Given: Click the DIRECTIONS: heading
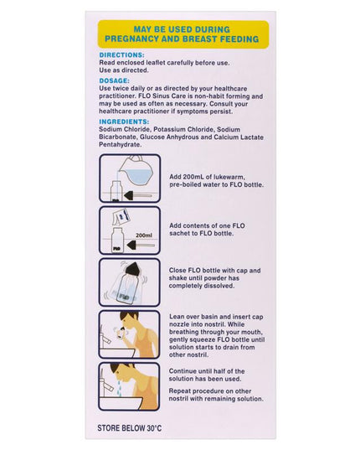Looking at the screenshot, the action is (122, 54).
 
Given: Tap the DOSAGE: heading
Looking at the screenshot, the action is (115, 80).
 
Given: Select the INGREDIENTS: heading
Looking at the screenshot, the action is (124, 122).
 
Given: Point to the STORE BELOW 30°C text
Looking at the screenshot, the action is (130, 428).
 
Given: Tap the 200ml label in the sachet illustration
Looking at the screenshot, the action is (144, 235).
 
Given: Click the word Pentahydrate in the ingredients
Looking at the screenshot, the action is (121, 145).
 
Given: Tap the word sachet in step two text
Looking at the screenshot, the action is (178, 234).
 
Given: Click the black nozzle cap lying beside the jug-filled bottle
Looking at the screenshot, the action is (137, 196).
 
